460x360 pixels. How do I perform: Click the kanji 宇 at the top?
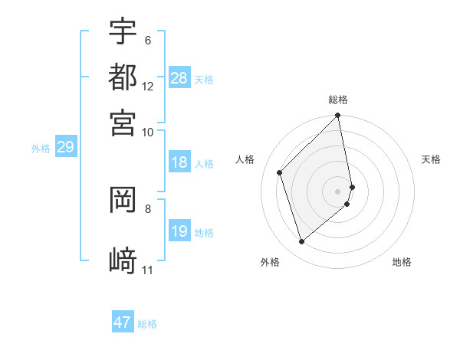click(x=123, y=31)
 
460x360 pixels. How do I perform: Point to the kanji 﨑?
click(x=123, y=260)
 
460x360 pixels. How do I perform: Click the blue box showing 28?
click(x=179, y=78)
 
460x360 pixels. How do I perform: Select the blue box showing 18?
click(x=179, y=163)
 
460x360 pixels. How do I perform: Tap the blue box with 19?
click(x=179, y=232)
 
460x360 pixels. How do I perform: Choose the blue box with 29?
click(x=65, y=148)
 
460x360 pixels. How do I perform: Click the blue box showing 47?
click(x=123, y=322)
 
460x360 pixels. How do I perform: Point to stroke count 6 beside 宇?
click(x=147, y=40)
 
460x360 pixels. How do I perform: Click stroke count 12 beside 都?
click(x=148, y=86)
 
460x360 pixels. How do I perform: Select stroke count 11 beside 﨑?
click(x=148, y=270)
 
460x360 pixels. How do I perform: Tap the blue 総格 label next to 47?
click(x=148, y=324)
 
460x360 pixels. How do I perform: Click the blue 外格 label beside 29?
click(x=40, y=149)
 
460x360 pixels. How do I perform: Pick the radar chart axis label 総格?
click(x=338, y=100)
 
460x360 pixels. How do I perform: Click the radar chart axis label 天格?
click(x=431, y=159)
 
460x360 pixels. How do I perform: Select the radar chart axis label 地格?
click(x=402, y=262)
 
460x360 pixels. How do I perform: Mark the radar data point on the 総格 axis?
click(x=338, y=116)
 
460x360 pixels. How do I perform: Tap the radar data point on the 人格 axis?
click(x=280, y=172)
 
